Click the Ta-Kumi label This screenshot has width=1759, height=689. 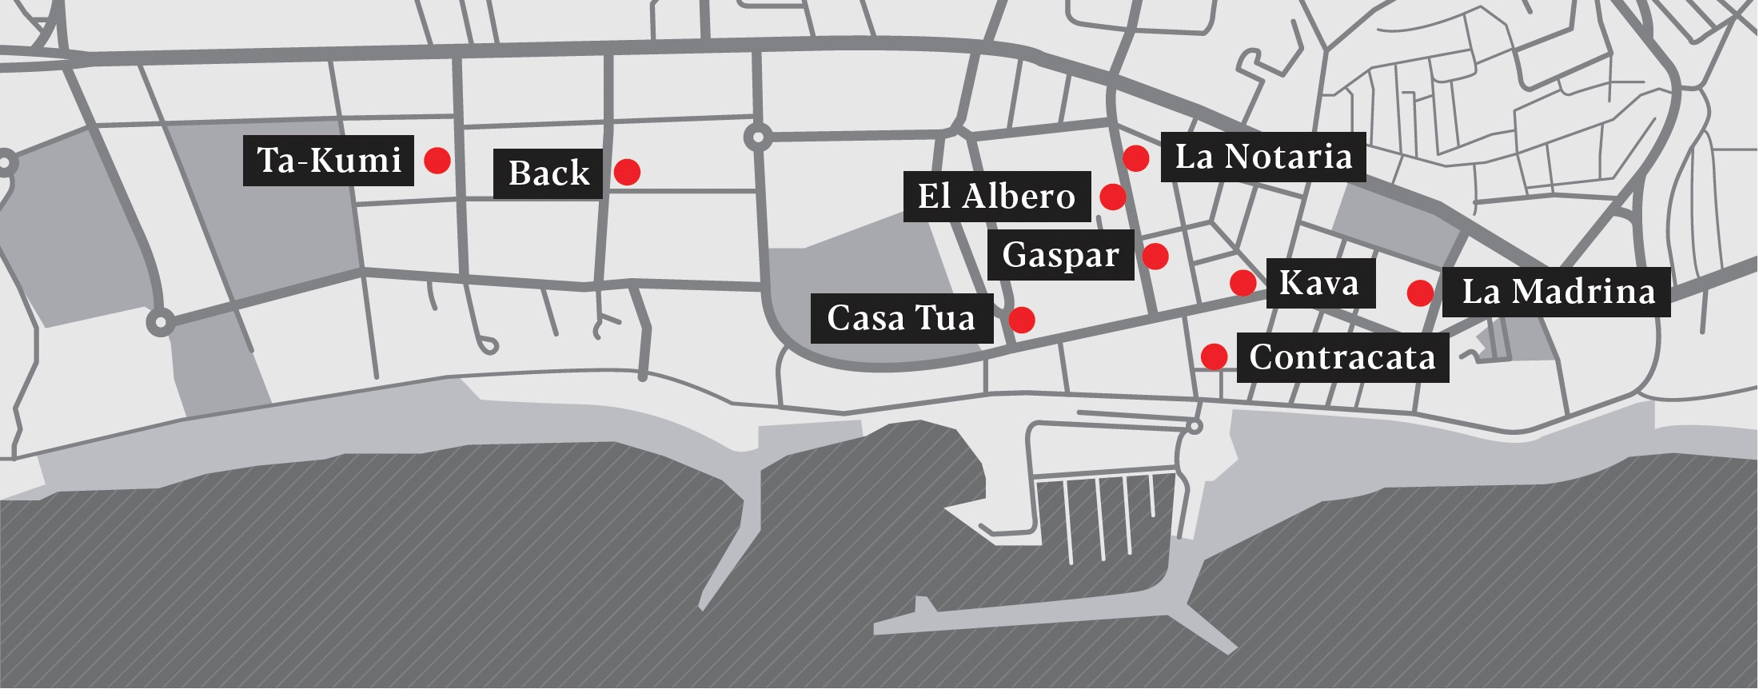pyautogui.click(x=329, y=161)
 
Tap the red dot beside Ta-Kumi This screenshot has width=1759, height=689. pyautogui.click(x=437, y=161)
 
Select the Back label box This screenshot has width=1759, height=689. pyautogui.click(x=548, y=173)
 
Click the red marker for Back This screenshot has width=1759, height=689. pyautogui.click(x=627, y=172)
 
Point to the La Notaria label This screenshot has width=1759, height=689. pyautogui.click(x=1263, y=157)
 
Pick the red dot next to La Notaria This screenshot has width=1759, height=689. pyautogui.click(x=1136, y=157)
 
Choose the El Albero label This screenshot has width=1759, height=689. pyautogui.click(x=996, y=197)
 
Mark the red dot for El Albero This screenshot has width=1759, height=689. pyautogui.click(x=1112, y=196)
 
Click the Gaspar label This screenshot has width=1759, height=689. pyautogui.click(x=1060, y=255)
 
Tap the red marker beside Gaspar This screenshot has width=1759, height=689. pyautogui.click(x=1155, y=256)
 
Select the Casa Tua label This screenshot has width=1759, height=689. pyautogui.click(x=901, y=318)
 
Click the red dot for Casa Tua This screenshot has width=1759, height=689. pyautogui.click(x=1022, y=320)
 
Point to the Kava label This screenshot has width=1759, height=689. pyautogui.click(x=1319, y=283)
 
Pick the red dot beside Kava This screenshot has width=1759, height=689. pyautogui.click(x=1242, y=282)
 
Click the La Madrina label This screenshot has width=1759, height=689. pyautogui.click(x=1558, y=292)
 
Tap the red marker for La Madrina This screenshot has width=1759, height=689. pyautogui.click(x=1420, y=293)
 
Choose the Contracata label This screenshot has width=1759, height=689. pyautogui.click(x=1342, y=357)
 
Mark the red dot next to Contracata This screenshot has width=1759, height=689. pyautogui.click(x=1214, y=356)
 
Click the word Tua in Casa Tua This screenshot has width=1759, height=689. pyautogui.click(x=945, y=318)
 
